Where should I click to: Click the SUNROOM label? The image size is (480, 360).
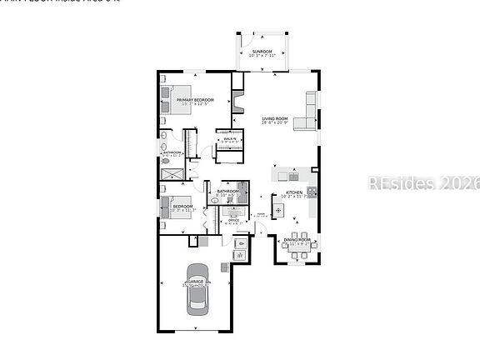point(262,52)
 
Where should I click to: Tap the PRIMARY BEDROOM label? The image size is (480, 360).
point(195,100)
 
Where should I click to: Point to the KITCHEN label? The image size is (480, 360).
point(294,192)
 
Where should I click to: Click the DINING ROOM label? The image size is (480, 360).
point(296,240)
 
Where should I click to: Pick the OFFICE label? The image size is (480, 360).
point(233,220)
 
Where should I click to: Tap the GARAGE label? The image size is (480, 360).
point(196,282)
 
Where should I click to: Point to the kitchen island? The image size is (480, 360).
point(278,208)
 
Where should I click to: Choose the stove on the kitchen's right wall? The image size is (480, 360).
point(311,192)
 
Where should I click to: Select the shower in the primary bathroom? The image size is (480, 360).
point(172,172)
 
